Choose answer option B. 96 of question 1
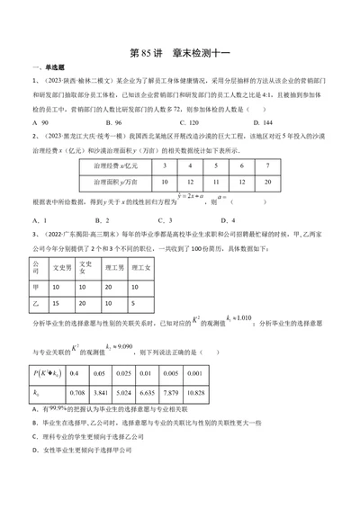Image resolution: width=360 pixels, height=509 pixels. click(113, 121)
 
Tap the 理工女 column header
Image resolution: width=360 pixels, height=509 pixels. click(142, 267)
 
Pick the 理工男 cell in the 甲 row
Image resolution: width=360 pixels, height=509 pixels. click(110, 287)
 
